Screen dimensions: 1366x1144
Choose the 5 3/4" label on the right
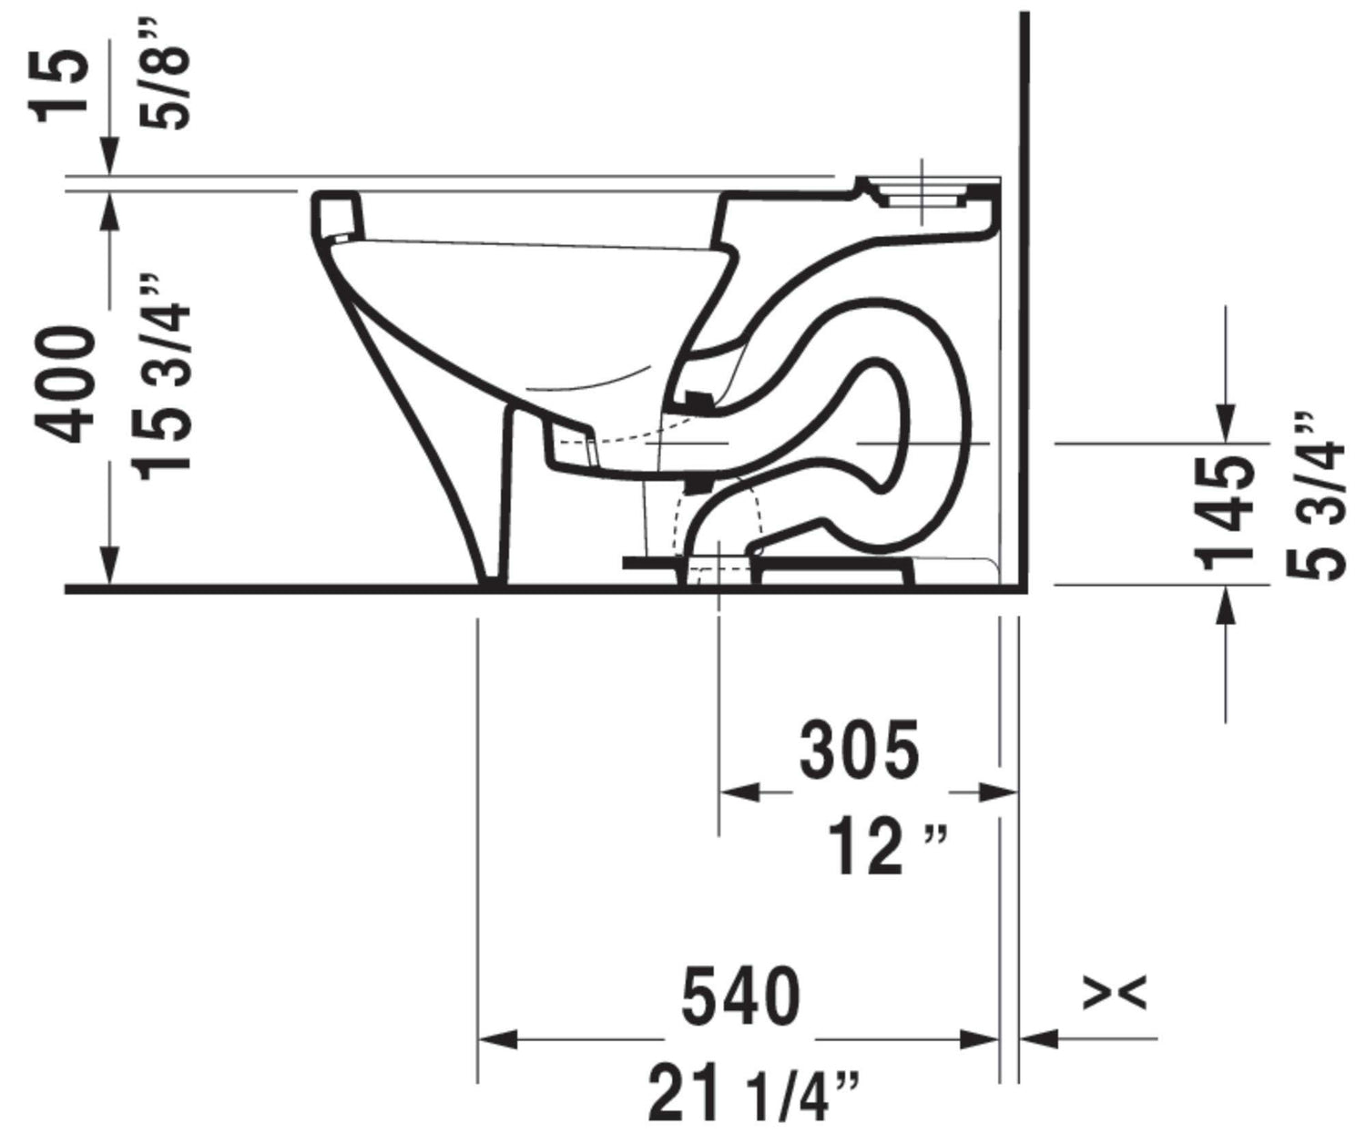click(1316, 497)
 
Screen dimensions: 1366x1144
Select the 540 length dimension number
click(740, 996)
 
